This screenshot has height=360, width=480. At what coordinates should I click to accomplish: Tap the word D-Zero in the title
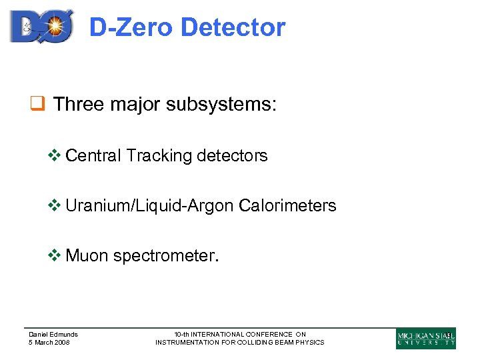[131, 27]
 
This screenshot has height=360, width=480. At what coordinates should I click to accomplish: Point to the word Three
[77, 105]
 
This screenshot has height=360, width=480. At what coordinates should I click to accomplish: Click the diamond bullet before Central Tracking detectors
[57, 156]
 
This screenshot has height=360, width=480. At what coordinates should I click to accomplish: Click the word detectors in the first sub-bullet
[232, 156]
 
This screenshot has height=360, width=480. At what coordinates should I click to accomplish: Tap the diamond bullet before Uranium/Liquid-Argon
[57, 206]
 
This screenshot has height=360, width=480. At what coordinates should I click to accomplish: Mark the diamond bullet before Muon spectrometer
[57, 255]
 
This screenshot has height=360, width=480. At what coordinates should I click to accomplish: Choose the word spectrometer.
[165, 256]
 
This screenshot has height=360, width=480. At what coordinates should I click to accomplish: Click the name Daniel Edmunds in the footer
[53, 335]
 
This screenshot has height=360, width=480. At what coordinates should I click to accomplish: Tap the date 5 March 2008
[49, 343]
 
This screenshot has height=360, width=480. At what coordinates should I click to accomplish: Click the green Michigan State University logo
[426, 338]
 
